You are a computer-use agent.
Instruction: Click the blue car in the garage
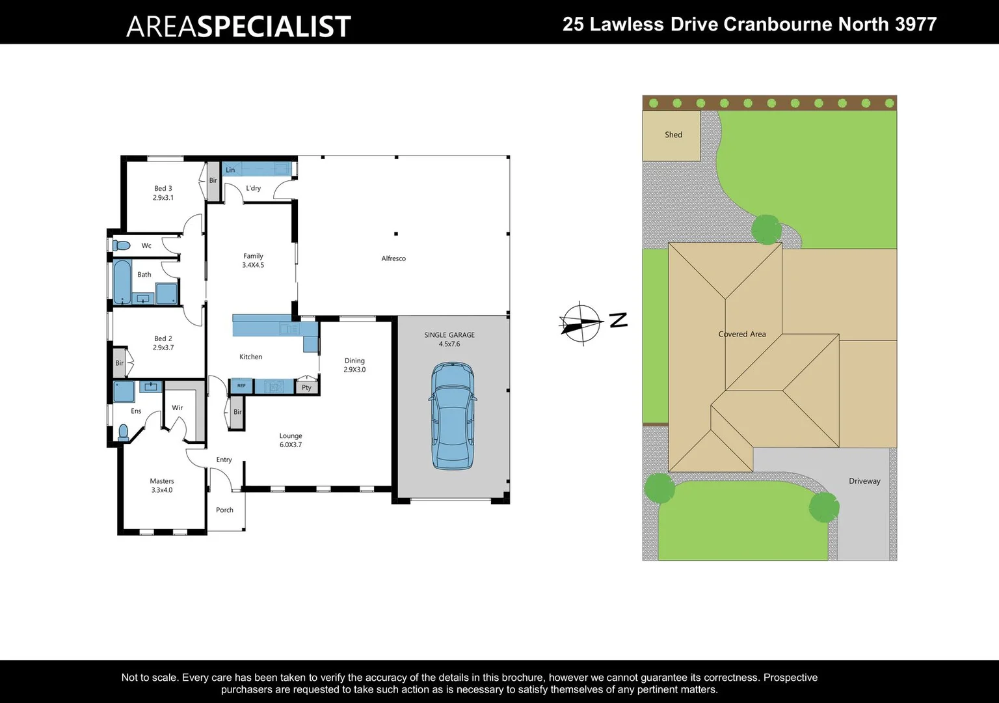(453, 416)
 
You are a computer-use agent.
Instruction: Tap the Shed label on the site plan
(673, 135)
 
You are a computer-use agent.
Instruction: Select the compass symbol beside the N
(581, 322)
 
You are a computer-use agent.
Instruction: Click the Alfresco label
(393, 258)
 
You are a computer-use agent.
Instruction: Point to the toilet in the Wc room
(121, 245)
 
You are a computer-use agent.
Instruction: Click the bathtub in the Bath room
(122, 282)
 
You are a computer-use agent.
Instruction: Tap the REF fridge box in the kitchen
(241, 386)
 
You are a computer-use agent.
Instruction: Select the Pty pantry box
(306, 387)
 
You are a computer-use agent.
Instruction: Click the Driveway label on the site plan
(864, 481)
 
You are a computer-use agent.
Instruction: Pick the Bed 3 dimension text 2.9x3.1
(163, 198)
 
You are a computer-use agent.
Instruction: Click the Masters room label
(162, 481)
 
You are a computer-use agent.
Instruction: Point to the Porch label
(224, 510)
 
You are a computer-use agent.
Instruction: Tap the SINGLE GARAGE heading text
(449, 335)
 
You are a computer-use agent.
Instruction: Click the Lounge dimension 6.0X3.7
(291, 445)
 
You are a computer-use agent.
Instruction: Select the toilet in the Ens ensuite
(123, 432)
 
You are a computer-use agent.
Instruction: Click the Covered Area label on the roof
(742, 334)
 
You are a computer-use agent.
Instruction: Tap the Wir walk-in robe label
(177, 407)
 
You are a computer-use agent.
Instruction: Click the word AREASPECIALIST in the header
(239, 26)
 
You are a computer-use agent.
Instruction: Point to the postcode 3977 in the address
(916, 24)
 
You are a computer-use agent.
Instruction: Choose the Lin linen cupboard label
(230, 170)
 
